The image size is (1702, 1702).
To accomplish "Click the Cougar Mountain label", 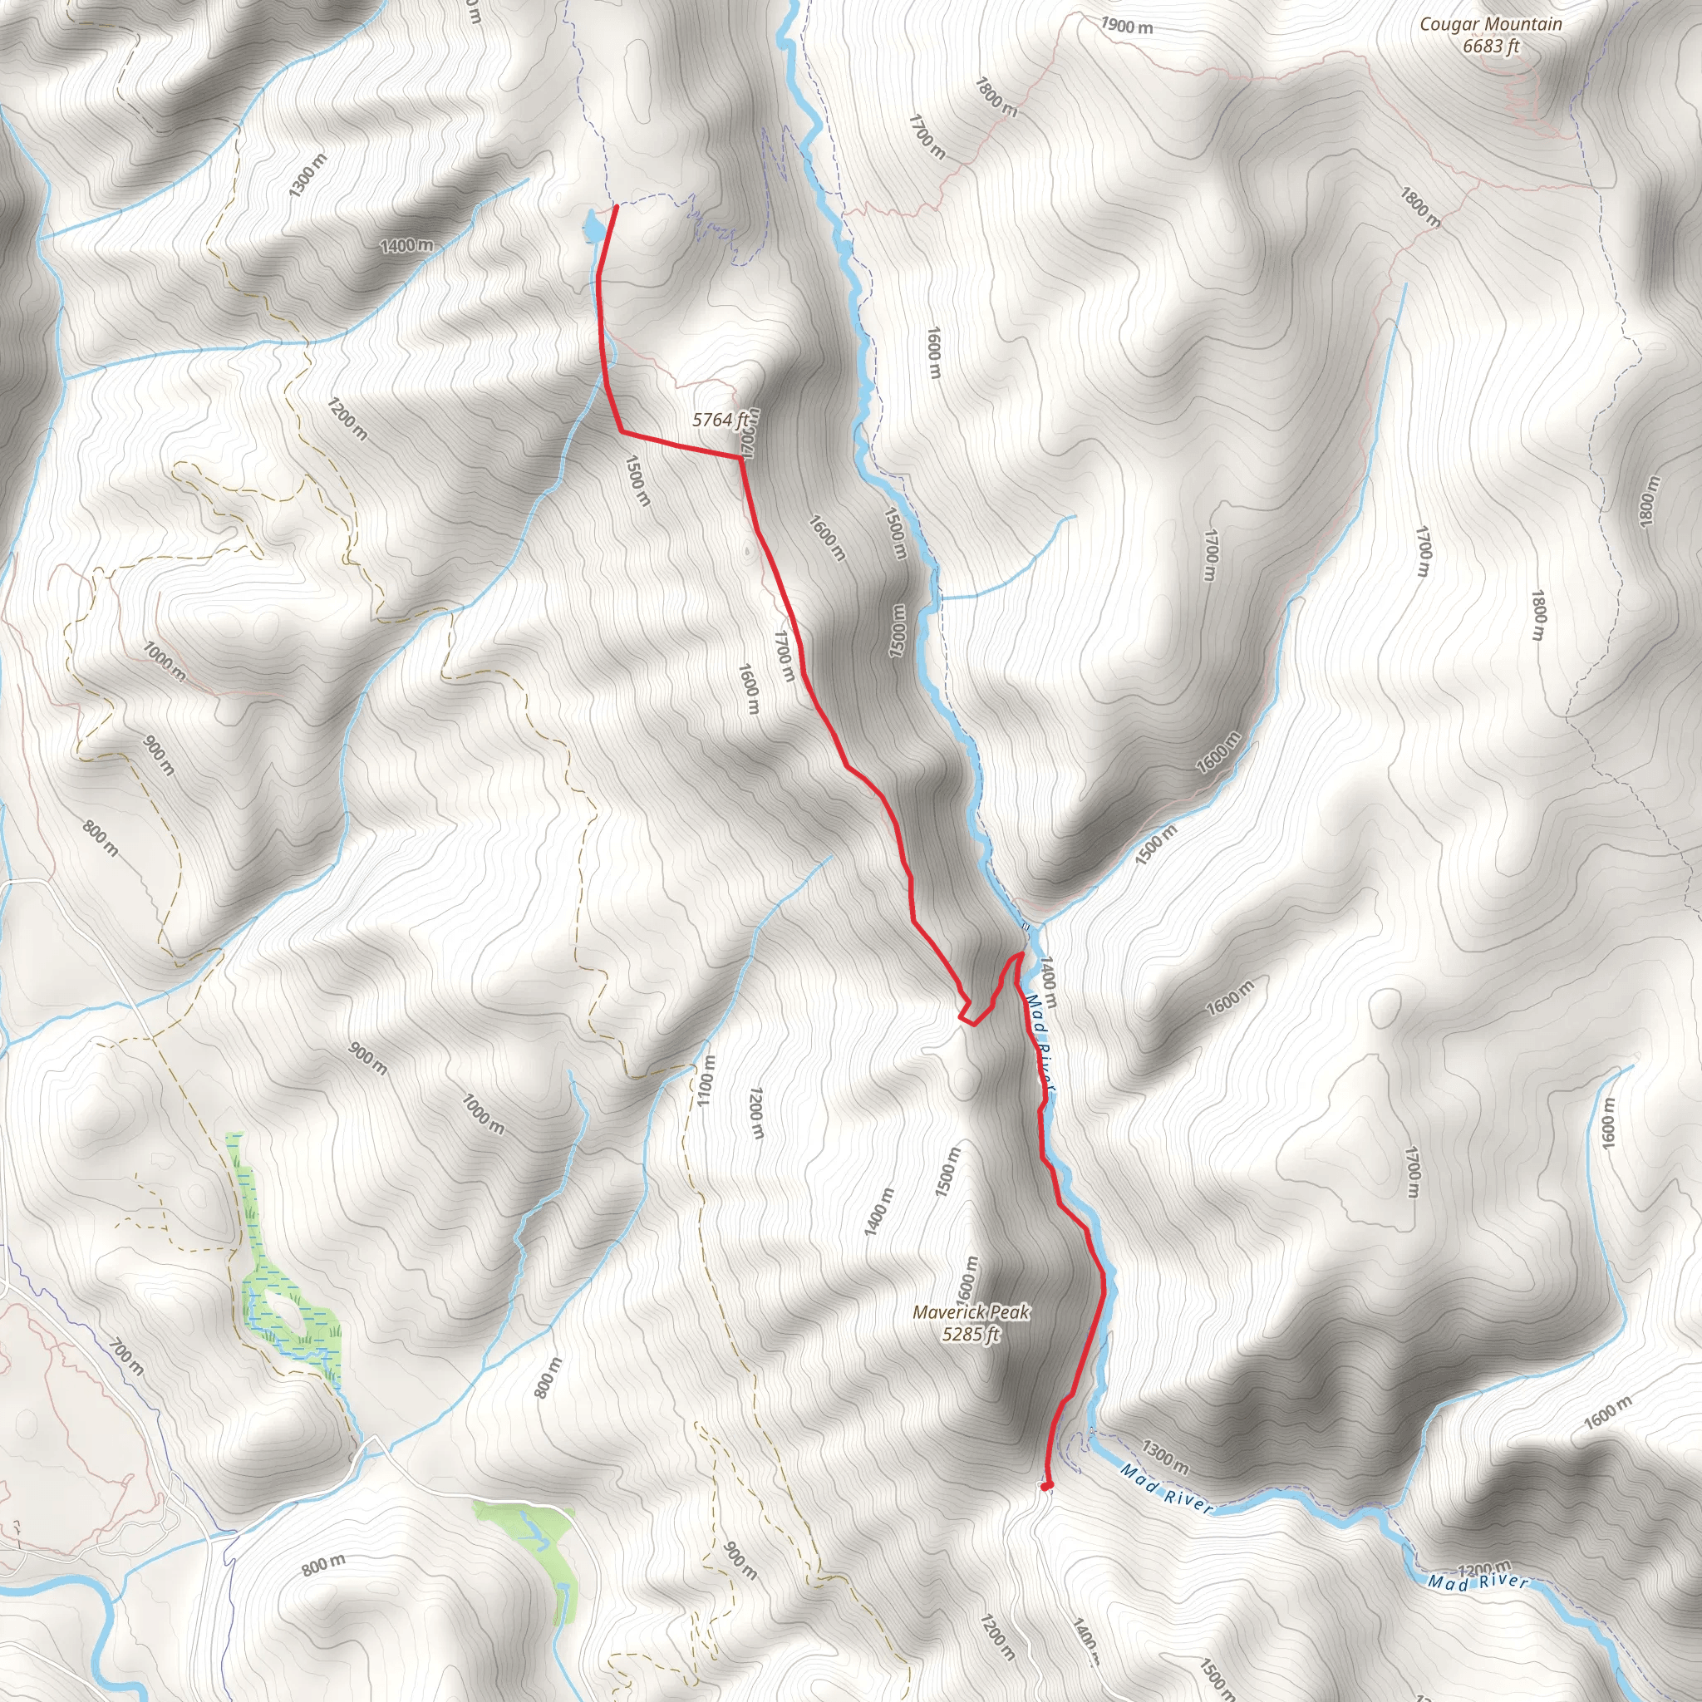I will click(1490, 25).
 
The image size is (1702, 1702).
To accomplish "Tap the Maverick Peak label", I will click(971, 1311).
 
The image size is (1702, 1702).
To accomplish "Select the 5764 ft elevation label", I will click(720, 421).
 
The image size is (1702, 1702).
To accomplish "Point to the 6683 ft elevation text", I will click(1491, 46).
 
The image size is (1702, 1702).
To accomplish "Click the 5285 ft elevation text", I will click(971, 1334).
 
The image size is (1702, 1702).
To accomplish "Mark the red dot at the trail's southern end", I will click(1046, 1486).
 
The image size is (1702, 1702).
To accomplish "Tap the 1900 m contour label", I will click(1126, 26).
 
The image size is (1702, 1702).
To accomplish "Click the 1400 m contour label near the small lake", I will click(406, 245).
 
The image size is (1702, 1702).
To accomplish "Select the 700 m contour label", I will click(126, 1355).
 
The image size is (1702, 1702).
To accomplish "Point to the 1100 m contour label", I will click(706, 1081).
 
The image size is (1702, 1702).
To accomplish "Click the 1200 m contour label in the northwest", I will click(347, 420).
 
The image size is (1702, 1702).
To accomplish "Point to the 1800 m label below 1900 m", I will click(996, 97).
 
